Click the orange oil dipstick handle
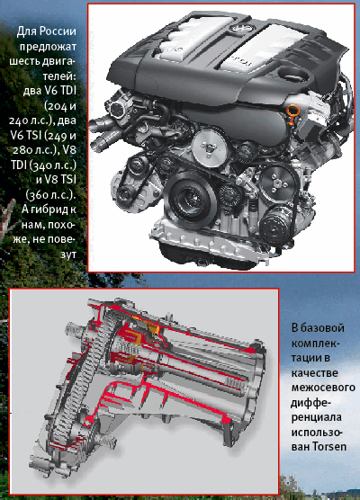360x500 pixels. point(291,114)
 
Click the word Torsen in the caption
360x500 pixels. point(329,446)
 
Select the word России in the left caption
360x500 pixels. point(58,31)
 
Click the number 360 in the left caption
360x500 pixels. point(40,195)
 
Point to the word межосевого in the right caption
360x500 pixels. point(323,387)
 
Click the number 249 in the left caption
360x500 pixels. point(58,136)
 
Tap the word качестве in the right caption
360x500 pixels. point(314,373)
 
